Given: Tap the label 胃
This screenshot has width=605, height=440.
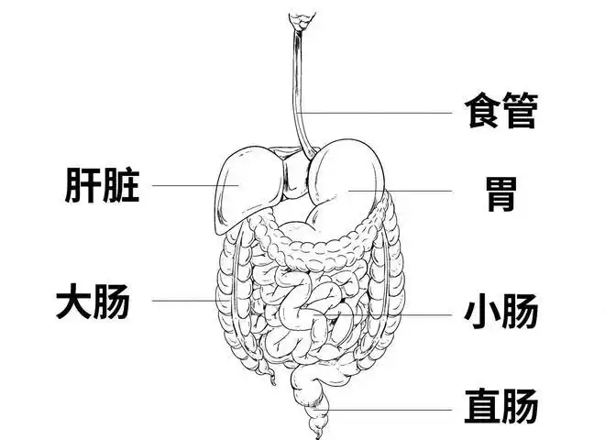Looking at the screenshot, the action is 500,193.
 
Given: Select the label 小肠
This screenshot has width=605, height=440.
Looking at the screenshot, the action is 500,312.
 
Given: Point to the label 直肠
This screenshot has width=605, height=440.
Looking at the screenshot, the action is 500,406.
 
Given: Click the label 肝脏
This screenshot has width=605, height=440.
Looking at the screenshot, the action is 103,184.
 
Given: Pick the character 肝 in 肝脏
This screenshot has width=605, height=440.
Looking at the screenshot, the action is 83,184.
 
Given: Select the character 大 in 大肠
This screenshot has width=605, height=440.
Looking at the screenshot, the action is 74,301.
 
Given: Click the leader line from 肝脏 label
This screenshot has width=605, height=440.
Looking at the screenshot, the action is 188,185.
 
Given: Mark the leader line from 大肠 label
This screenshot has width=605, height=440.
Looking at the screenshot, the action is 183,301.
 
